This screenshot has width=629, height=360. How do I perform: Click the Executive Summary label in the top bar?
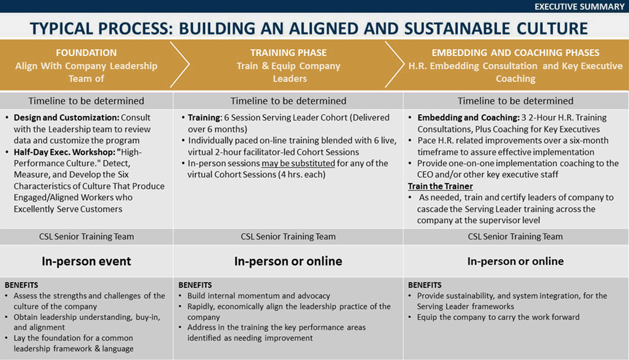(x=579, y=7)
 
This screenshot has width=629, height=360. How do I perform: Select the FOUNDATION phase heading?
(x=86, y=52)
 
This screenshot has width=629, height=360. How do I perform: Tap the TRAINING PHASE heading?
(x=289, y=52)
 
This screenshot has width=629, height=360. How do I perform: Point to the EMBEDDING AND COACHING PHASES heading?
(x=516, y=52)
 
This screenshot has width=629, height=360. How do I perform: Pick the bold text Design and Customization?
(x=67, y=117)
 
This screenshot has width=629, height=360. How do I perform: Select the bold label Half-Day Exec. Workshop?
(x=65, y=152)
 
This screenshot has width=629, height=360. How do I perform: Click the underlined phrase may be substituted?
(x=298, y=163)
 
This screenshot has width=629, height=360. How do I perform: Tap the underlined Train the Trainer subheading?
(x=441, y=186)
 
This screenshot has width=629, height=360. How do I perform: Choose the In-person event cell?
(x=86, y=261)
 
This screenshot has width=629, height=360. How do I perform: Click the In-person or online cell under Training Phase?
(x=288, y=261)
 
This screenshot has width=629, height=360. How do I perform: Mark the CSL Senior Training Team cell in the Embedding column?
(x=515, y=236)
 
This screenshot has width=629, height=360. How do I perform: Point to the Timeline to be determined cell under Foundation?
(x=86, y=101)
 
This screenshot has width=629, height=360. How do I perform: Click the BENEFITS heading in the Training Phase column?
(x=195, y=285)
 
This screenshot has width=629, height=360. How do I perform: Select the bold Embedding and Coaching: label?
(x=468, y=117)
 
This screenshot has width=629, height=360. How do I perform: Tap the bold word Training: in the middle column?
(x=205, y=117)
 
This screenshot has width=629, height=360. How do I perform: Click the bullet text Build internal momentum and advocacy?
(x=259, y=295)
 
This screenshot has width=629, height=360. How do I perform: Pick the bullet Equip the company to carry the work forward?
(x=498, y=317)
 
